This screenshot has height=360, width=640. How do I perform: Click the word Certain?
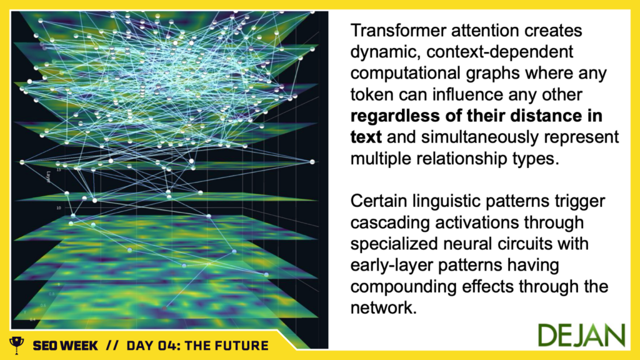click(378, 201)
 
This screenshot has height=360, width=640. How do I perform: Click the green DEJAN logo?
click(581, 336)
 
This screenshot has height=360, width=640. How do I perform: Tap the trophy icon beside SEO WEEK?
click(17, 345)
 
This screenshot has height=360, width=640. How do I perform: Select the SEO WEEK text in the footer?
click(65, 346)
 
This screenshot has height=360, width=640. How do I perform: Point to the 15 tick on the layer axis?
click(59, 169)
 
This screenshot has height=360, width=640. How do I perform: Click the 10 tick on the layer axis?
click(59, 207)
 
